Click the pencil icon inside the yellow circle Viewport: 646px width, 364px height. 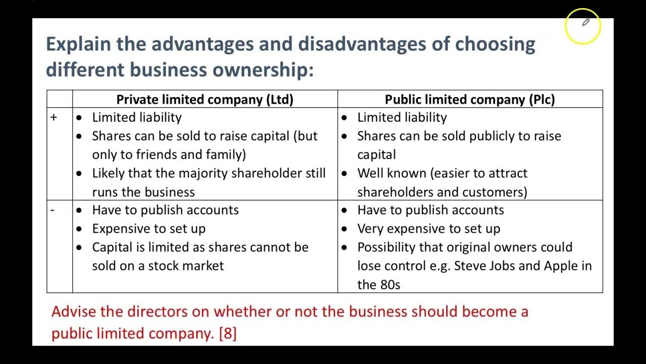(585, 23)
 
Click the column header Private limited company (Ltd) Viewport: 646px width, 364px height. (204, 99)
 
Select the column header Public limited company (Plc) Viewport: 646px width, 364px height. (469, 99)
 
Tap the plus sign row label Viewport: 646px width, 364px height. (54, 117)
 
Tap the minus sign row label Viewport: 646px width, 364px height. (52, 210)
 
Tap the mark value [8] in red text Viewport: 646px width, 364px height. (228, 334)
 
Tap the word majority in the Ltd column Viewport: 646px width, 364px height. (204, 173)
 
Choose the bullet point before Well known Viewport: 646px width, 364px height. (344, 173)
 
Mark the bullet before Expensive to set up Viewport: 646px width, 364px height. (79, 229)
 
